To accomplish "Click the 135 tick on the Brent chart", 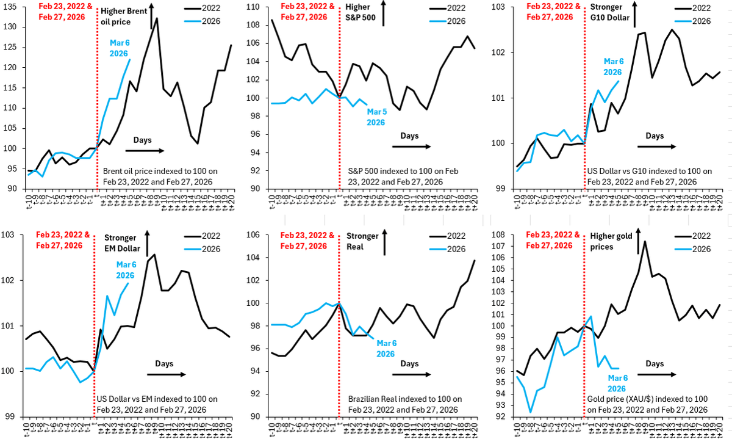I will [x=12, y=7].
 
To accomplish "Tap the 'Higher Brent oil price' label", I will [x=123, y=16].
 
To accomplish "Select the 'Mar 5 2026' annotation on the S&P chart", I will [x=375, y=116].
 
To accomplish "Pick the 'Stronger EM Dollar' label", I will [x=122, y=244].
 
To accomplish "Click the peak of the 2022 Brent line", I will [x=157, y=18].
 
